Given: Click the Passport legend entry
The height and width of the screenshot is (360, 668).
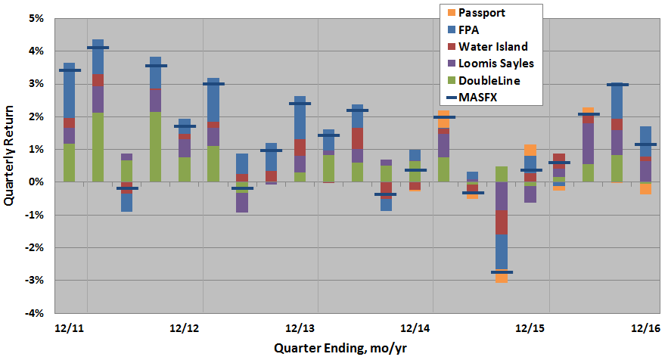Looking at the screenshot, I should (485, 13).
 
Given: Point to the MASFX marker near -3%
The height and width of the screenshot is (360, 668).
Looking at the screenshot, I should (502, 272).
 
